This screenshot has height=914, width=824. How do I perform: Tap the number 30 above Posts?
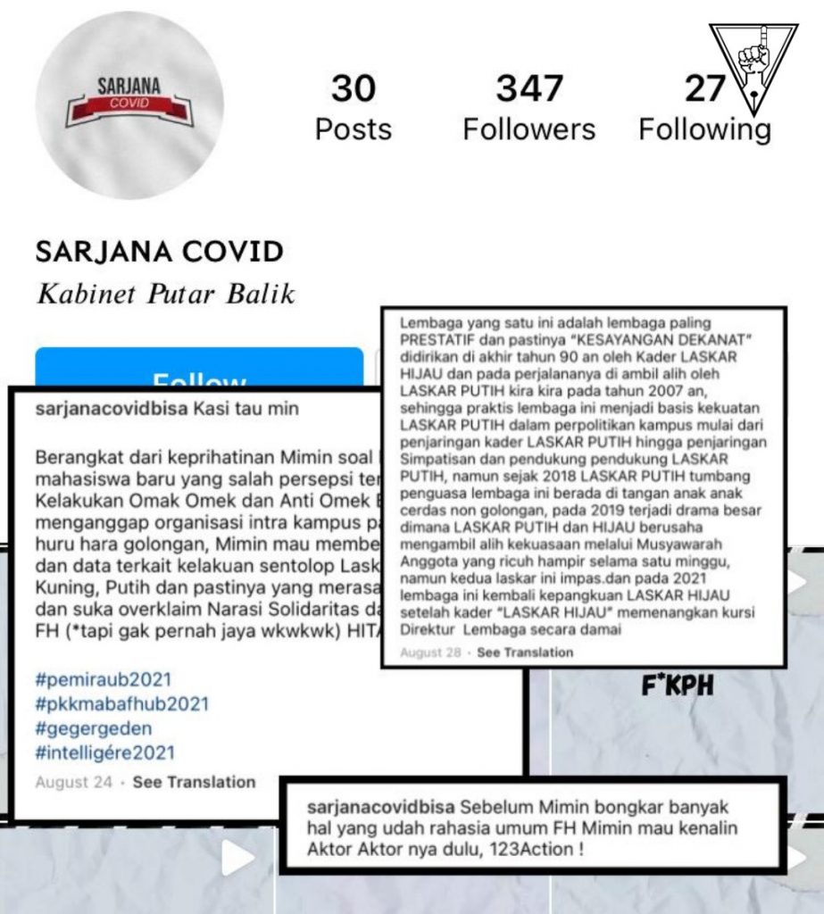pos(353,88)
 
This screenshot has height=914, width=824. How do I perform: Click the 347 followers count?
pos(529,88)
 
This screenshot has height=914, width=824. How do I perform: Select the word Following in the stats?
pos(704,129)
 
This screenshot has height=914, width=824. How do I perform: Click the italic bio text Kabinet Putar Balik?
pos(165,294)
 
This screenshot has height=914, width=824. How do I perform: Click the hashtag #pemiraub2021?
pos(103,680)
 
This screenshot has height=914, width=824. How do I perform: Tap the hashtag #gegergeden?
pos(94,728)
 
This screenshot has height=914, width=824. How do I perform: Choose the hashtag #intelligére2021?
pos(105,752)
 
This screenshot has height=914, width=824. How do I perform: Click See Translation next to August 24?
pos(194,782)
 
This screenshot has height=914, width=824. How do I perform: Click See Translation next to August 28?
pos(525,652)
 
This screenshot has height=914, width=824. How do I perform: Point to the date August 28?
pos(430,652)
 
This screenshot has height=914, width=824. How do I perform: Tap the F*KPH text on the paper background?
pos(678,687)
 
